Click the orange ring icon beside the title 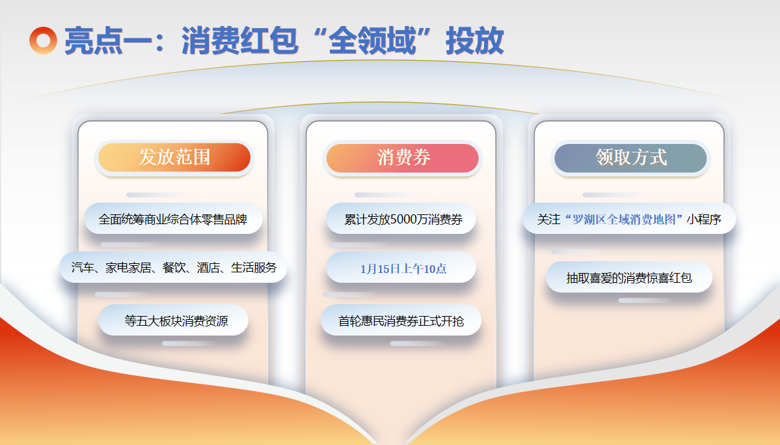[44, 40]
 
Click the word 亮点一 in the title [108, 40]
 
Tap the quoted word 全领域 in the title [372, 40]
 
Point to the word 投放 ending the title [475, 40]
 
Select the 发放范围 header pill [174, 158]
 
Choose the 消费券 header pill [403, 158]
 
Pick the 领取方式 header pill [631, 158]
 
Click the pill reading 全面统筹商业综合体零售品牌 [173, 219]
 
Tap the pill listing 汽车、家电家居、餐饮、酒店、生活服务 [174, 268]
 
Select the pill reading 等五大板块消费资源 [173, 321]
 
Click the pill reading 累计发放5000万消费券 [401, 219]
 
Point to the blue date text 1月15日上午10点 [403, 269]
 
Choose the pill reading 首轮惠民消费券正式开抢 [401, 321]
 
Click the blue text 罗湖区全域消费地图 [624, 220]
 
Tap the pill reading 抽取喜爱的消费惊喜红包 [629, 278]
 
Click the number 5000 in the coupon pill [405, 220]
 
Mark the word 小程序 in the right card [704, 220]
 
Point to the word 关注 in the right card [548, 220]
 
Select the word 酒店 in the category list [208, 268]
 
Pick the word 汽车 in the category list [83, 268]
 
